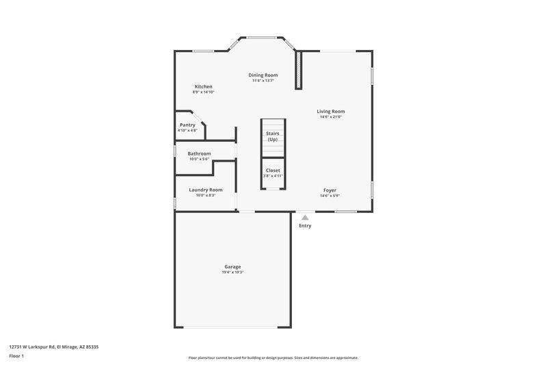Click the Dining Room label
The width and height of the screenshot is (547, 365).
coord(263,75)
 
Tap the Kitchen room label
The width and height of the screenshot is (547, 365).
coord(204,86)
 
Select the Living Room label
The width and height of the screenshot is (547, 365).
coord(330,111)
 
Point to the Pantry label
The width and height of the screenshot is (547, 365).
coord(187,125)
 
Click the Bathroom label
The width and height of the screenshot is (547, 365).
coord(199,153)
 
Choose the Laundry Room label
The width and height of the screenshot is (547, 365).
coord(206,190)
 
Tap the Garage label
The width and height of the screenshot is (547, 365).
coord(232,266)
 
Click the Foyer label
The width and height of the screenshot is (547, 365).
coord(330,190)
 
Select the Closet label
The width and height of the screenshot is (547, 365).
coord(273,170)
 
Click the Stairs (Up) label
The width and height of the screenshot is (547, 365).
coord(273,136)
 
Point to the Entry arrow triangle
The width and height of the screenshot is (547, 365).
coord(305,217)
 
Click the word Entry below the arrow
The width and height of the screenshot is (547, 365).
coord(305,225)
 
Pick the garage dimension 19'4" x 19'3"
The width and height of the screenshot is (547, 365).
coord(232,272)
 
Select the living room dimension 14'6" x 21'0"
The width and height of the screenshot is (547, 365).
coord(330,116)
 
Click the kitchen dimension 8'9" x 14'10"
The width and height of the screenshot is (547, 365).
coord(204,92)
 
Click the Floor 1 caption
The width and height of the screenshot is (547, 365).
coord(16,357)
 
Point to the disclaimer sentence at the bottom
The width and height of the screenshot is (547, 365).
coord(273,357)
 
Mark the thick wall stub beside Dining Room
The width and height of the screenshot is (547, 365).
coord(298,69)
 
